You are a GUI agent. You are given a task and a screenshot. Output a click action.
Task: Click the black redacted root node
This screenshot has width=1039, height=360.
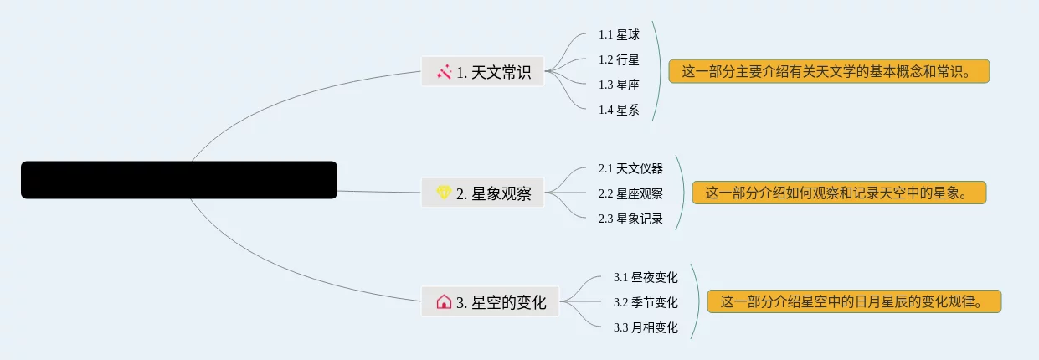point(179,180)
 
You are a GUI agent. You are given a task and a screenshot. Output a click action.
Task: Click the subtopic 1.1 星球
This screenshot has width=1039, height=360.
point(619,34)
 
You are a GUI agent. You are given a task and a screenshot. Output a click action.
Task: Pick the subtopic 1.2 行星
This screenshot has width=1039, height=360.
point(619,59)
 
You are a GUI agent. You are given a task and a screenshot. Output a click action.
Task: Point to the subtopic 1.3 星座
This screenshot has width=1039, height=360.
point(619,85)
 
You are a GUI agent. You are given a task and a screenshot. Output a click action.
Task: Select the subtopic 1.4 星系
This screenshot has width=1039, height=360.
point(619,110)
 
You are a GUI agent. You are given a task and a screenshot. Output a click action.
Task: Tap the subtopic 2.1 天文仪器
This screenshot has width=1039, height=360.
point(630,168)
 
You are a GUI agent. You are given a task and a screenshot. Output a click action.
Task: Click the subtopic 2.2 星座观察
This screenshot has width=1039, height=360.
point(630,193)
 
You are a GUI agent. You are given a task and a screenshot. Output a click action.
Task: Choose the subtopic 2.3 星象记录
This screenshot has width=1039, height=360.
point(630,219)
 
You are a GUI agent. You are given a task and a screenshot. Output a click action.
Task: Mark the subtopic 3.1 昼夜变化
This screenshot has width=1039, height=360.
point(646,277)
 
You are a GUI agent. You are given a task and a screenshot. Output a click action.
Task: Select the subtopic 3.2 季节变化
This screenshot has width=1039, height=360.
point(646,302)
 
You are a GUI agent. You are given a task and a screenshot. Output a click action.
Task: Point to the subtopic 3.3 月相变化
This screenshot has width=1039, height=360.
point(646,327)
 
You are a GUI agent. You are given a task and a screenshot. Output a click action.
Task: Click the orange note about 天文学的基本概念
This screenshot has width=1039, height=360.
point(829,71)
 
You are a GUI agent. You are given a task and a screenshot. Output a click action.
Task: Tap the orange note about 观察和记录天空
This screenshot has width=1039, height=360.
point(839,193)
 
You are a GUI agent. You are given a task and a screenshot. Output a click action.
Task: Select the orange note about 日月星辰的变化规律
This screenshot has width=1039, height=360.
point(854,301)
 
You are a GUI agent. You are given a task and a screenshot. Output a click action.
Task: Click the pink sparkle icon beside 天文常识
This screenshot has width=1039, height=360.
point(445,72)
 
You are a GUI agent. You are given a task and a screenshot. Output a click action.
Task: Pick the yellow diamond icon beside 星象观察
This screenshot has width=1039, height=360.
point(445,193)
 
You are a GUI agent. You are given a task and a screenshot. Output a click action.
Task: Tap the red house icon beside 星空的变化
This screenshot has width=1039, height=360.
point(445,301)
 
